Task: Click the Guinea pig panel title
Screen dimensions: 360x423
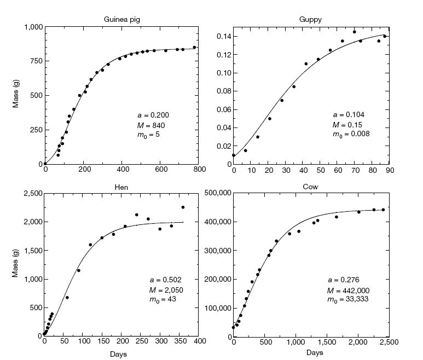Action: coord(121,19)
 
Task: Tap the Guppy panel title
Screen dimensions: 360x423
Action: coord(310,19)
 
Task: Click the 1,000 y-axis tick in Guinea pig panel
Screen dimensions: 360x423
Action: coord(31,27)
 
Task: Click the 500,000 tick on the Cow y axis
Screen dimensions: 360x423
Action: coord(216,193)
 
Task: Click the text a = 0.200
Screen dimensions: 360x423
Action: coord(153,115)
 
